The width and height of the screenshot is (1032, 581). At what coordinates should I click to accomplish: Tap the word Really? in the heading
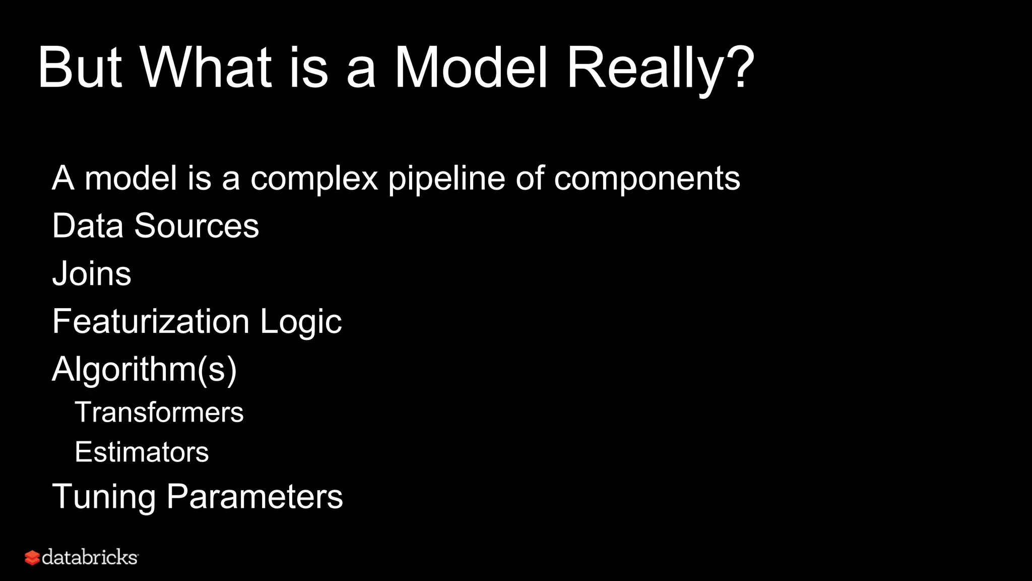click(660, 68)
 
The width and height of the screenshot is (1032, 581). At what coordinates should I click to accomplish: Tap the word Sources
click(196, 225)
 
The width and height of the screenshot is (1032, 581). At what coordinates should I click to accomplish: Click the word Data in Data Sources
click(88, 225)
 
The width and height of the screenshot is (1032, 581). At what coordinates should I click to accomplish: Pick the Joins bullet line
click(92, 274)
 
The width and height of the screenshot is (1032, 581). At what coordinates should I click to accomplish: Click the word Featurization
click(151, 322)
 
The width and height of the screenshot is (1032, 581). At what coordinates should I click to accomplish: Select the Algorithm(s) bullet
click(144, 370)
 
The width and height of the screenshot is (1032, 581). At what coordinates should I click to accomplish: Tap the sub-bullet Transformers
click(159, 412)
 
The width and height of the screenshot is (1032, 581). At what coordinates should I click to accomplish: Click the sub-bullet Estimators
click(142, 452)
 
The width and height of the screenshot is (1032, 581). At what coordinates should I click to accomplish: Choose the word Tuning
click(104, 497)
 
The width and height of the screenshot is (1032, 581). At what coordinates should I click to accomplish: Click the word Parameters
click(254, 496)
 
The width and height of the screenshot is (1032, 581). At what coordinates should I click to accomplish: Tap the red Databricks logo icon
click(32, 558)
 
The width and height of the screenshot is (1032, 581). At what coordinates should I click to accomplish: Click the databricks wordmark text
click(90, 557)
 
